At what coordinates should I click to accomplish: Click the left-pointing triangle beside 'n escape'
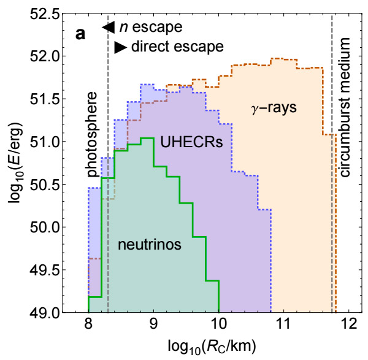(x=109, y=27)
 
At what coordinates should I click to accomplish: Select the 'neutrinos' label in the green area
(x=150, y=245)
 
